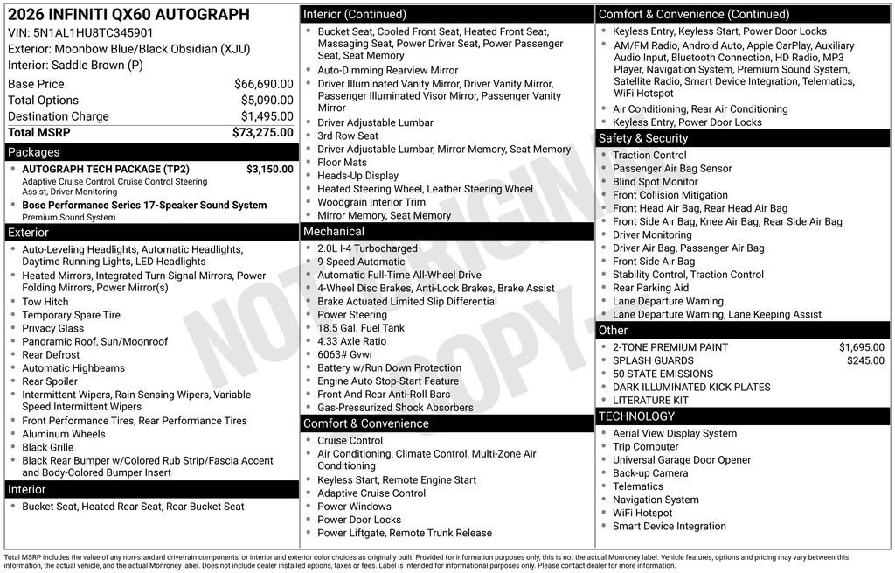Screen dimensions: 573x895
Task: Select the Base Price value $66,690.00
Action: pos(263,84)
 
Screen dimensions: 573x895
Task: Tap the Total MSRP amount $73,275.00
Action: pos(262,132)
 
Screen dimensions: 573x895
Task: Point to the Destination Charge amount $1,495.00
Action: pos(267,116)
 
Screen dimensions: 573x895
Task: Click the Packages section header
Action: pos(34,152)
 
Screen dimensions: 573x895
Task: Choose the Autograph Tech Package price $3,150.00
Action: pos(269,169)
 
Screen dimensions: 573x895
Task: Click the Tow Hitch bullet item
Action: pos(45,302)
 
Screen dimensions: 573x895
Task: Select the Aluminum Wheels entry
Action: pos(64,434)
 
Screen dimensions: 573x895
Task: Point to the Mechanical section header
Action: pos(333,232)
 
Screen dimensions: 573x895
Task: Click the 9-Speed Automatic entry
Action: pos(361,262)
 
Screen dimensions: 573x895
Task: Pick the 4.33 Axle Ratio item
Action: pos(351,341)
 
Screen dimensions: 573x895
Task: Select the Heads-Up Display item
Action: pos(357,176)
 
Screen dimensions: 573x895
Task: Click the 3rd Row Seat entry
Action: pos(348,136)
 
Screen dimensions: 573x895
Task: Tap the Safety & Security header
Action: pos(643,138)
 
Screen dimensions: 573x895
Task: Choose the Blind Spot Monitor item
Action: pos(656,182)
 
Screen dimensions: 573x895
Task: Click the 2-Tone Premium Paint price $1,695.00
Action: pos(861,347)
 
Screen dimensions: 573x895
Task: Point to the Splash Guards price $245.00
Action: pos(865,360)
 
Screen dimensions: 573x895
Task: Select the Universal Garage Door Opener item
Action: pos(682,460)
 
